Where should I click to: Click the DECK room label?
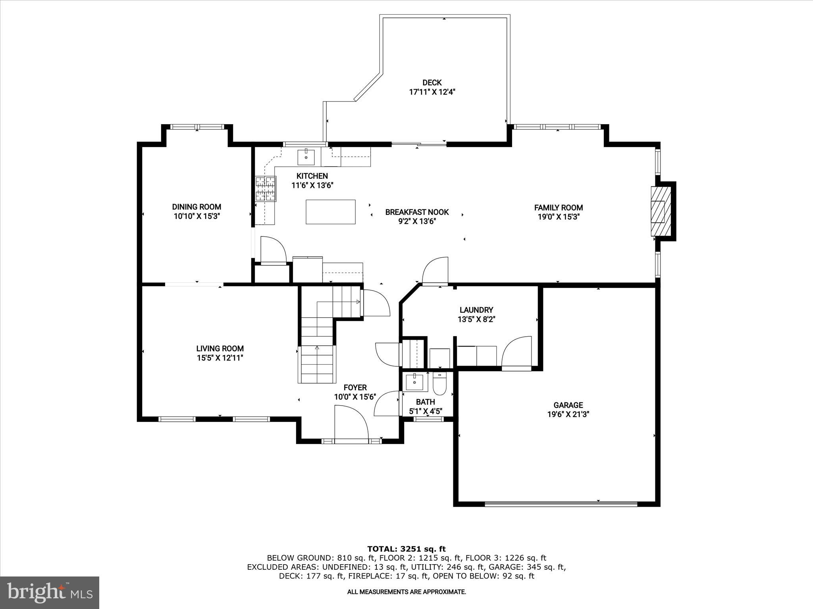432,82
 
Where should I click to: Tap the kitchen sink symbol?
306,157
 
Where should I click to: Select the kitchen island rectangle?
330,212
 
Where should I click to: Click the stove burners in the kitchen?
266,189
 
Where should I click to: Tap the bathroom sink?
414,382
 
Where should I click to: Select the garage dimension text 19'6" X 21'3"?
568,415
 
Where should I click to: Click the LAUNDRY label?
476,310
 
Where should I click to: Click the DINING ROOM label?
197,207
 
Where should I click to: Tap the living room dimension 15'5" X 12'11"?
220,358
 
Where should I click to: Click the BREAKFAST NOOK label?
417,212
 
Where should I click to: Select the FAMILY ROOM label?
558,207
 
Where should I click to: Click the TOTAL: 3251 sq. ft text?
406,549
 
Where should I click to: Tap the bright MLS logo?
50,592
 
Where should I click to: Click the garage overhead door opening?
561,504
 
